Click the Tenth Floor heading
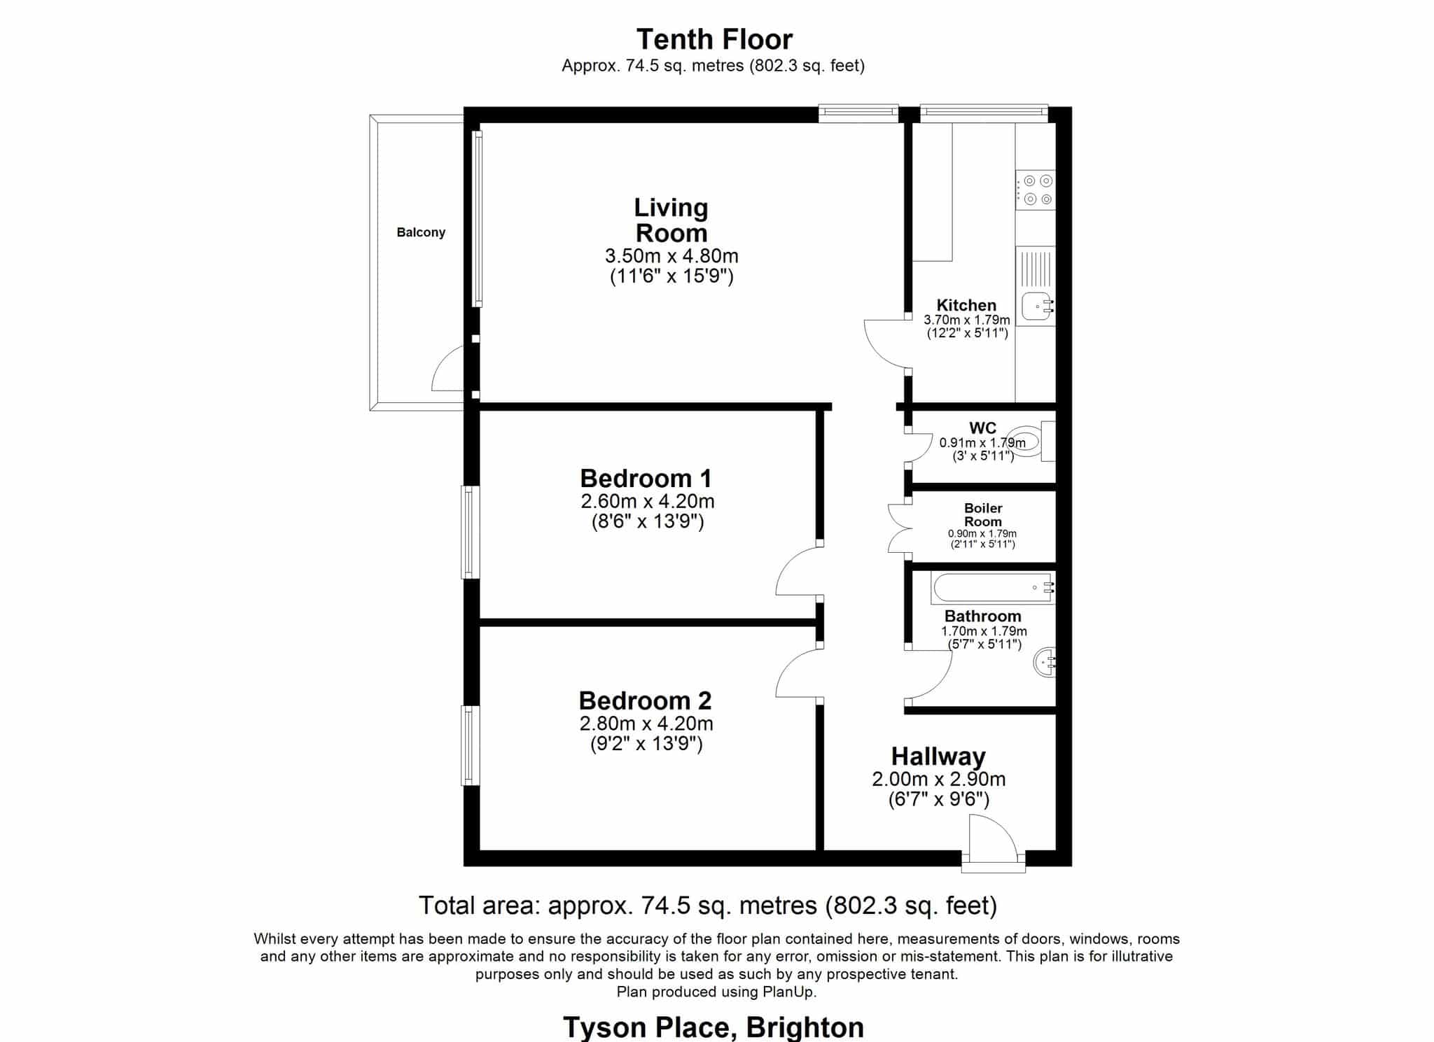click(714, 39)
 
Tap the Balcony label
click(421, 232)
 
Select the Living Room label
click(671, 220)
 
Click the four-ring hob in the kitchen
click(1036, 190)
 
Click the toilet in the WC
click(1035, 441)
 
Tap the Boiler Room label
click(983, 515)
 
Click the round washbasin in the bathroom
click(1044, 662)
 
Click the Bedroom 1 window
click(471, 533)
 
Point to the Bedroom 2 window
click(471, 745)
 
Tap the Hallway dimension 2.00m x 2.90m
click(938, 779)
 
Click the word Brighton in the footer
click(805, 1027)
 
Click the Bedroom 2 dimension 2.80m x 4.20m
click(646, 723)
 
